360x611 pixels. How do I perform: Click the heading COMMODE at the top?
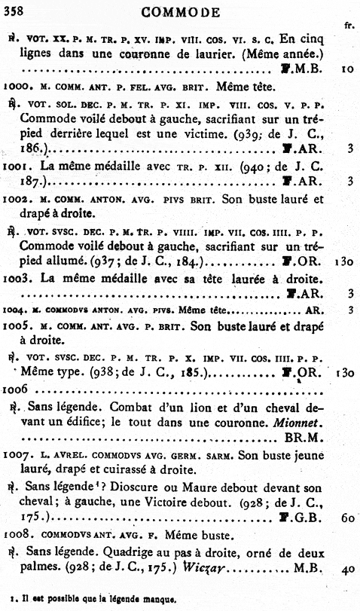[182, 12]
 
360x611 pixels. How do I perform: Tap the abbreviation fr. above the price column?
[348, 25]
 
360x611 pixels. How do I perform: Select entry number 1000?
[14, 87]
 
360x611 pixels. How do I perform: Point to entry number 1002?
[14, 200]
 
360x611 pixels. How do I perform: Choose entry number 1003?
[14, 277]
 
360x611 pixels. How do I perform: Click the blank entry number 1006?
[14, 390]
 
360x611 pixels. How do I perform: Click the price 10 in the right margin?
[346, 69]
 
